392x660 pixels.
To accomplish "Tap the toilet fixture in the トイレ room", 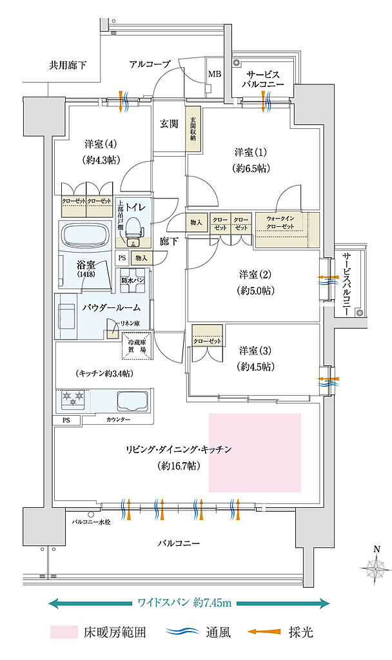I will (133, 229).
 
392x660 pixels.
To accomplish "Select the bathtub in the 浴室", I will (85, 236).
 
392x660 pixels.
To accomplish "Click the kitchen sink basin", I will (133, 401).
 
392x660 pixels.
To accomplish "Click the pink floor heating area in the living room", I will (255, 451).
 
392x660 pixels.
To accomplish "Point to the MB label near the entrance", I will (214, 73).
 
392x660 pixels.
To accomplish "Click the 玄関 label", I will (170, 124).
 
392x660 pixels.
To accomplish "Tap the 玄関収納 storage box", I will (193, 132).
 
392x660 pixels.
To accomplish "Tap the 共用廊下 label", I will (68, 65).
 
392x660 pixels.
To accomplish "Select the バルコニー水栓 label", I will (91, 521).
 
